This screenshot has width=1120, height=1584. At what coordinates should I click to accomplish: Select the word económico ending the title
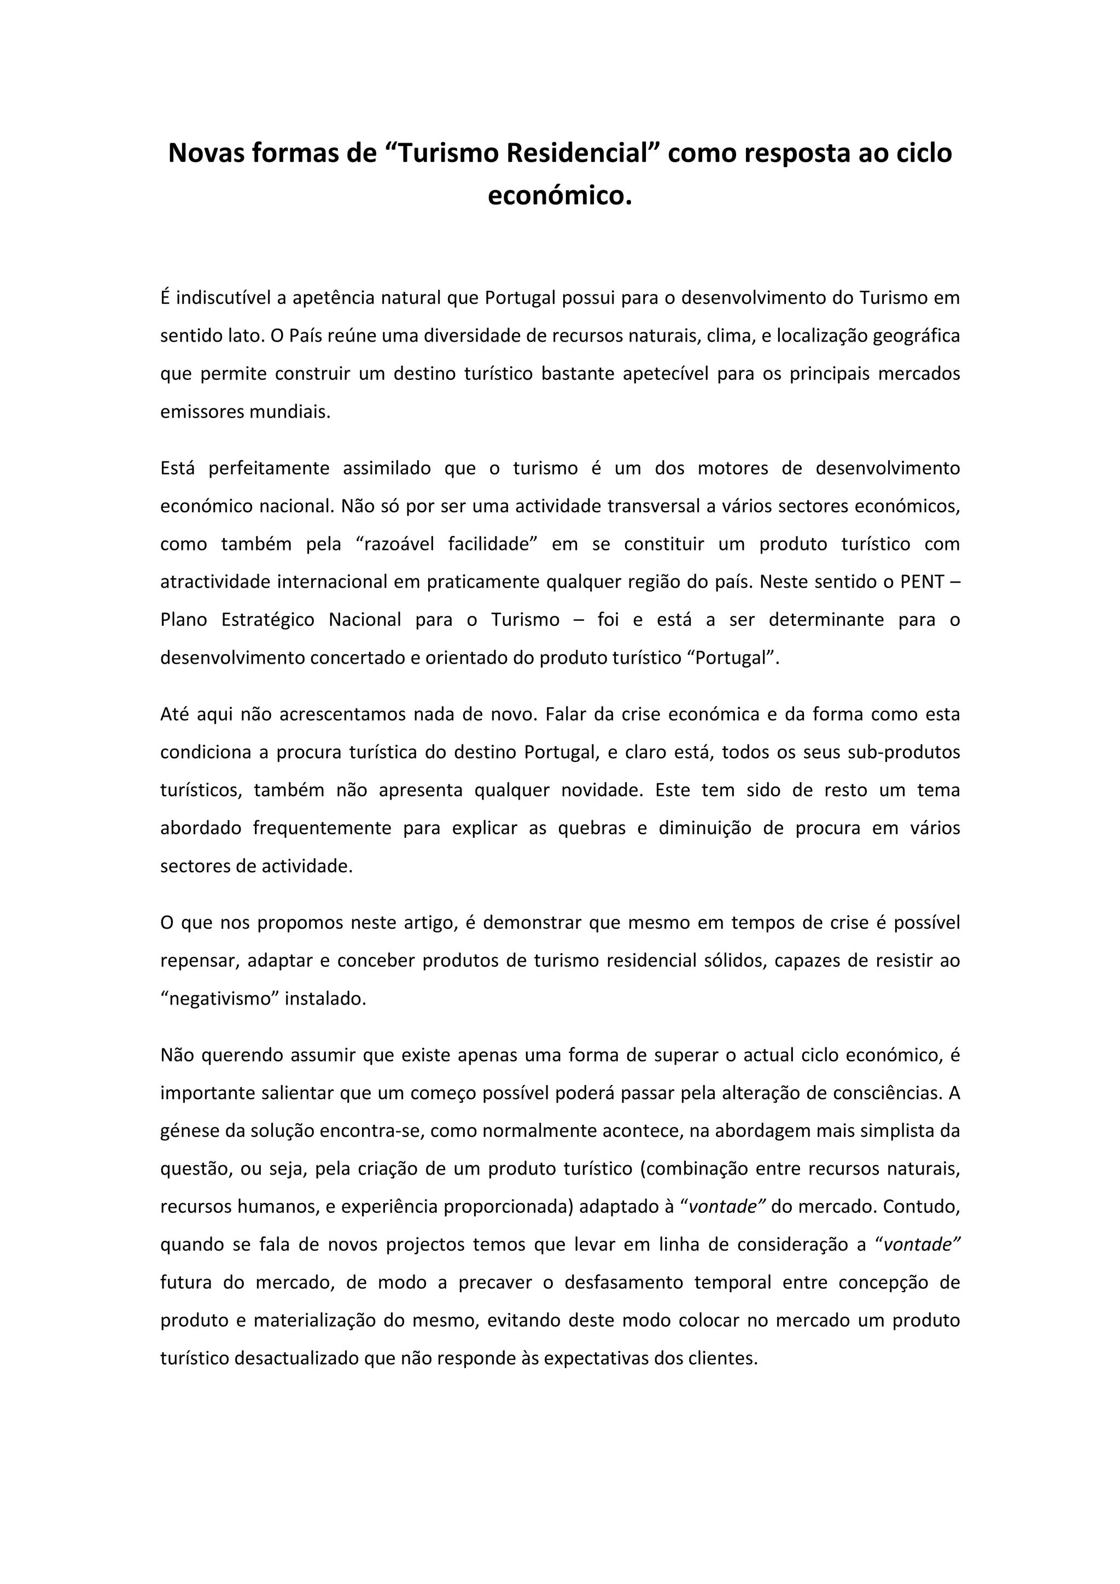pos(559,196)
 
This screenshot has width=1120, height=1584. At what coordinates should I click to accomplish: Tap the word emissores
pos(201,412)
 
